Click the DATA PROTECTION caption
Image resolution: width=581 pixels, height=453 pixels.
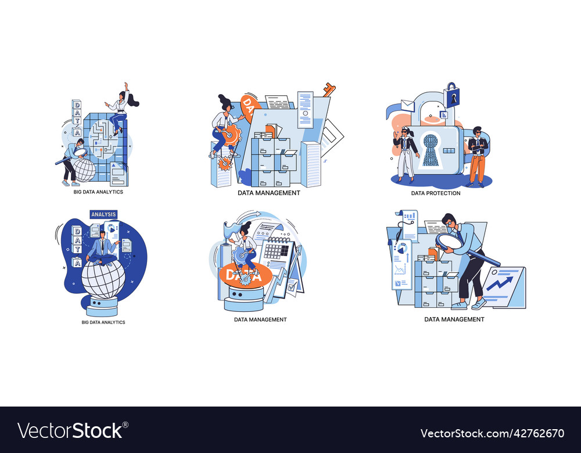click(435, 193)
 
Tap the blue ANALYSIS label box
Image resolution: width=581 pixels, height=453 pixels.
click(103, 214)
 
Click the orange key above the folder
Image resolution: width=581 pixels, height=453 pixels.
click(329, 90)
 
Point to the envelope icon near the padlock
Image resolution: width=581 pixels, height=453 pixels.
click(408, 105)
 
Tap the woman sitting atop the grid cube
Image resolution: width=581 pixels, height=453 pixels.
click(120, 110)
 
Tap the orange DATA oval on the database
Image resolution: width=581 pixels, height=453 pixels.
click(244, 276)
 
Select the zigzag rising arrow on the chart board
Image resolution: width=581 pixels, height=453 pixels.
click(499, 283)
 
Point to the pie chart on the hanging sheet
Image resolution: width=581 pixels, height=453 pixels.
click(401, 248)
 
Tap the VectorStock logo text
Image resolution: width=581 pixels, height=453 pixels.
click(70, 431)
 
